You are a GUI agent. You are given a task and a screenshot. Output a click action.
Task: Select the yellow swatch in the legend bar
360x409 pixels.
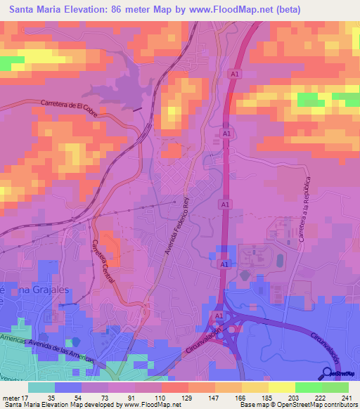[281, 387]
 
